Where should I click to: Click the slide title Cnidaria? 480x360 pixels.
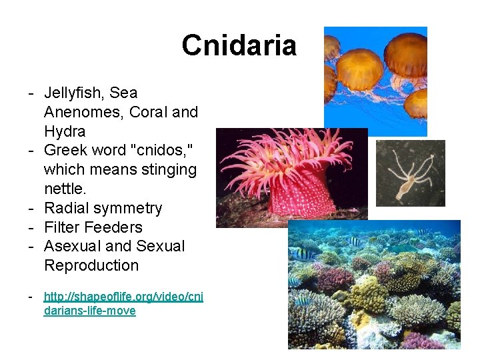point(239,45)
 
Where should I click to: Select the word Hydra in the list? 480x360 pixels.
point(65,131)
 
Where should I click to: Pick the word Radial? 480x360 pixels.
point(65,208)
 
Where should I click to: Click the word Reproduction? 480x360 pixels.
point(91,265)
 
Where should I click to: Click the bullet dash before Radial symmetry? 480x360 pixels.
point(31,208)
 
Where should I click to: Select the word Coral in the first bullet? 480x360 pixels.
point(147,112)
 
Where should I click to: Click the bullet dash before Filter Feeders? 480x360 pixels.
point(31,227)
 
